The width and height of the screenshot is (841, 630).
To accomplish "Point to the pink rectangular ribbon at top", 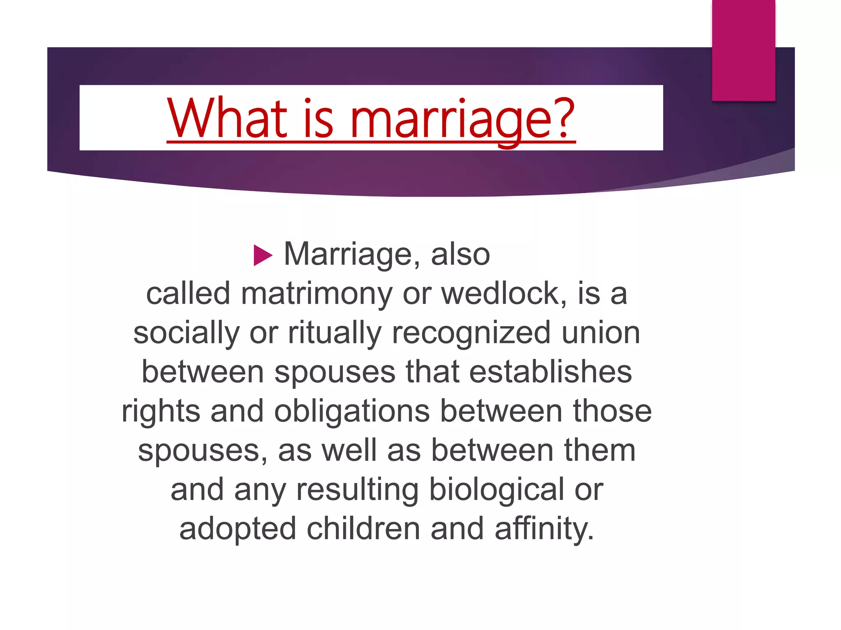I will pos(743,50).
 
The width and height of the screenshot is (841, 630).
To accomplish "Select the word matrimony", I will pos(317,294).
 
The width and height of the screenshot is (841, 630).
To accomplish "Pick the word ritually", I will pos(335,333).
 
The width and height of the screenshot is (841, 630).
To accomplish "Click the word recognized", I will pos(471,333).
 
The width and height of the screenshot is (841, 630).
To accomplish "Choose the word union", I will pos(600,333).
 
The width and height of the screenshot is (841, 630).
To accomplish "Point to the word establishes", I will pos(550,372).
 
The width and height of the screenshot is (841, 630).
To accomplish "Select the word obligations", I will pos(352,411).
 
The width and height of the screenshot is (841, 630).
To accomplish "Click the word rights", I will pos(161,411).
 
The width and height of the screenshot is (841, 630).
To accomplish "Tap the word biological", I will pos(496,490).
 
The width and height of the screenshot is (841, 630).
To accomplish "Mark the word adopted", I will pos(238,529).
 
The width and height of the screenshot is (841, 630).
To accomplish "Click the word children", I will pos(363,529).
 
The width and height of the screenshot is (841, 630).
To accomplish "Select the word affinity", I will pos(544,529).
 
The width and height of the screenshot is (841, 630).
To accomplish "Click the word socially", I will pos(186,333).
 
